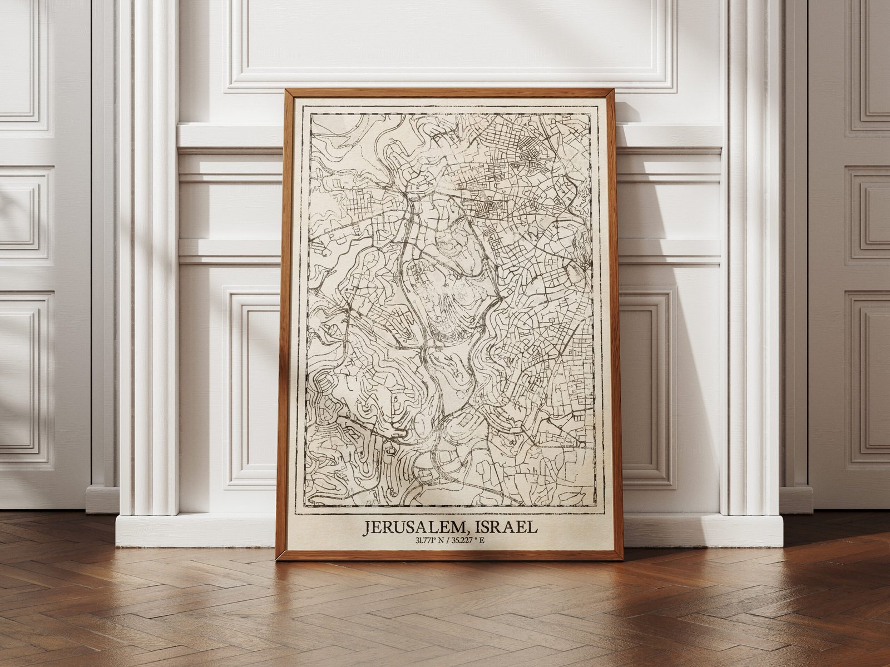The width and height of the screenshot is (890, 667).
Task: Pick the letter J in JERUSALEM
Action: tap(368, 527)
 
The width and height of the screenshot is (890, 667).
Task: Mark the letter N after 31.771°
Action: tap(441, 540)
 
